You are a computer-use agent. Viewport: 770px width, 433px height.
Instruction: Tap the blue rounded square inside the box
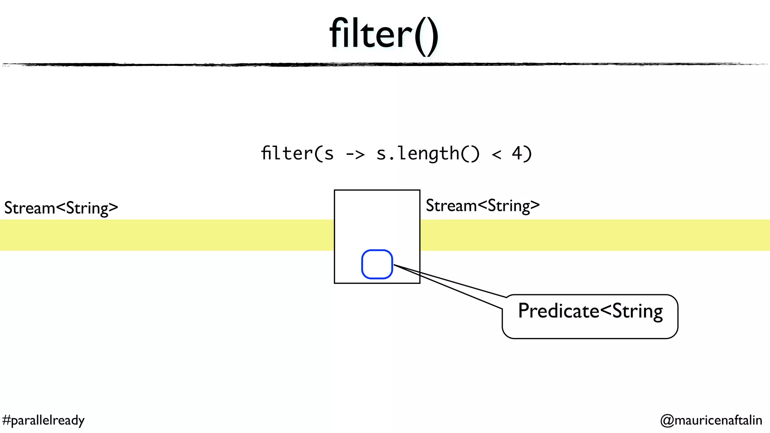(x=377, y=264)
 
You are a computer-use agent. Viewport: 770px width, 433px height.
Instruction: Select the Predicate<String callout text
(x=590, y=311)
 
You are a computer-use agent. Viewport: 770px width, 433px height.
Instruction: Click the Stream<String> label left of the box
(x=61, y=208)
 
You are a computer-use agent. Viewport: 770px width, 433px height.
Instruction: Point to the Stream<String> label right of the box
(x=483, y=206)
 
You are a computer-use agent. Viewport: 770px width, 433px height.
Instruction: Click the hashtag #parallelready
(x=43, y=420)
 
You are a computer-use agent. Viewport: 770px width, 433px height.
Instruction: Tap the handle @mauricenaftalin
(x=711, y=420)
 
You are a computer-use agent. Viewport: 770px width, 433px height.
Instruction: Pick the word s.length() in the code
(x=428, y=153)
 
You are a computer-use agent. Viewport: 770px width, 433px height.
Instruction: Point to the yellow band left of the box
(x=165, y=235)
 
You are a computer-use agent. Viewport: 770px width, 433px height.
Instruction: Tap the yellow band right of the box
(x=594, y=235)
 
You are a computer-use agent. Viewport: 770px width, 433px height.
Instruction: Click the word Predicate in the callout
(x=558, y=311)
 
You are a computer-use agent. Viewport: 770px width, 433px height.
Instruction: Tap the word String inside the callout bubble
(x=637, y=311)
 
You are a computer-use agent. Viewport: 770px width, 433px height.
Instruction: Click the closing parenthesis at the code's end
(x=528, y=153)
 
